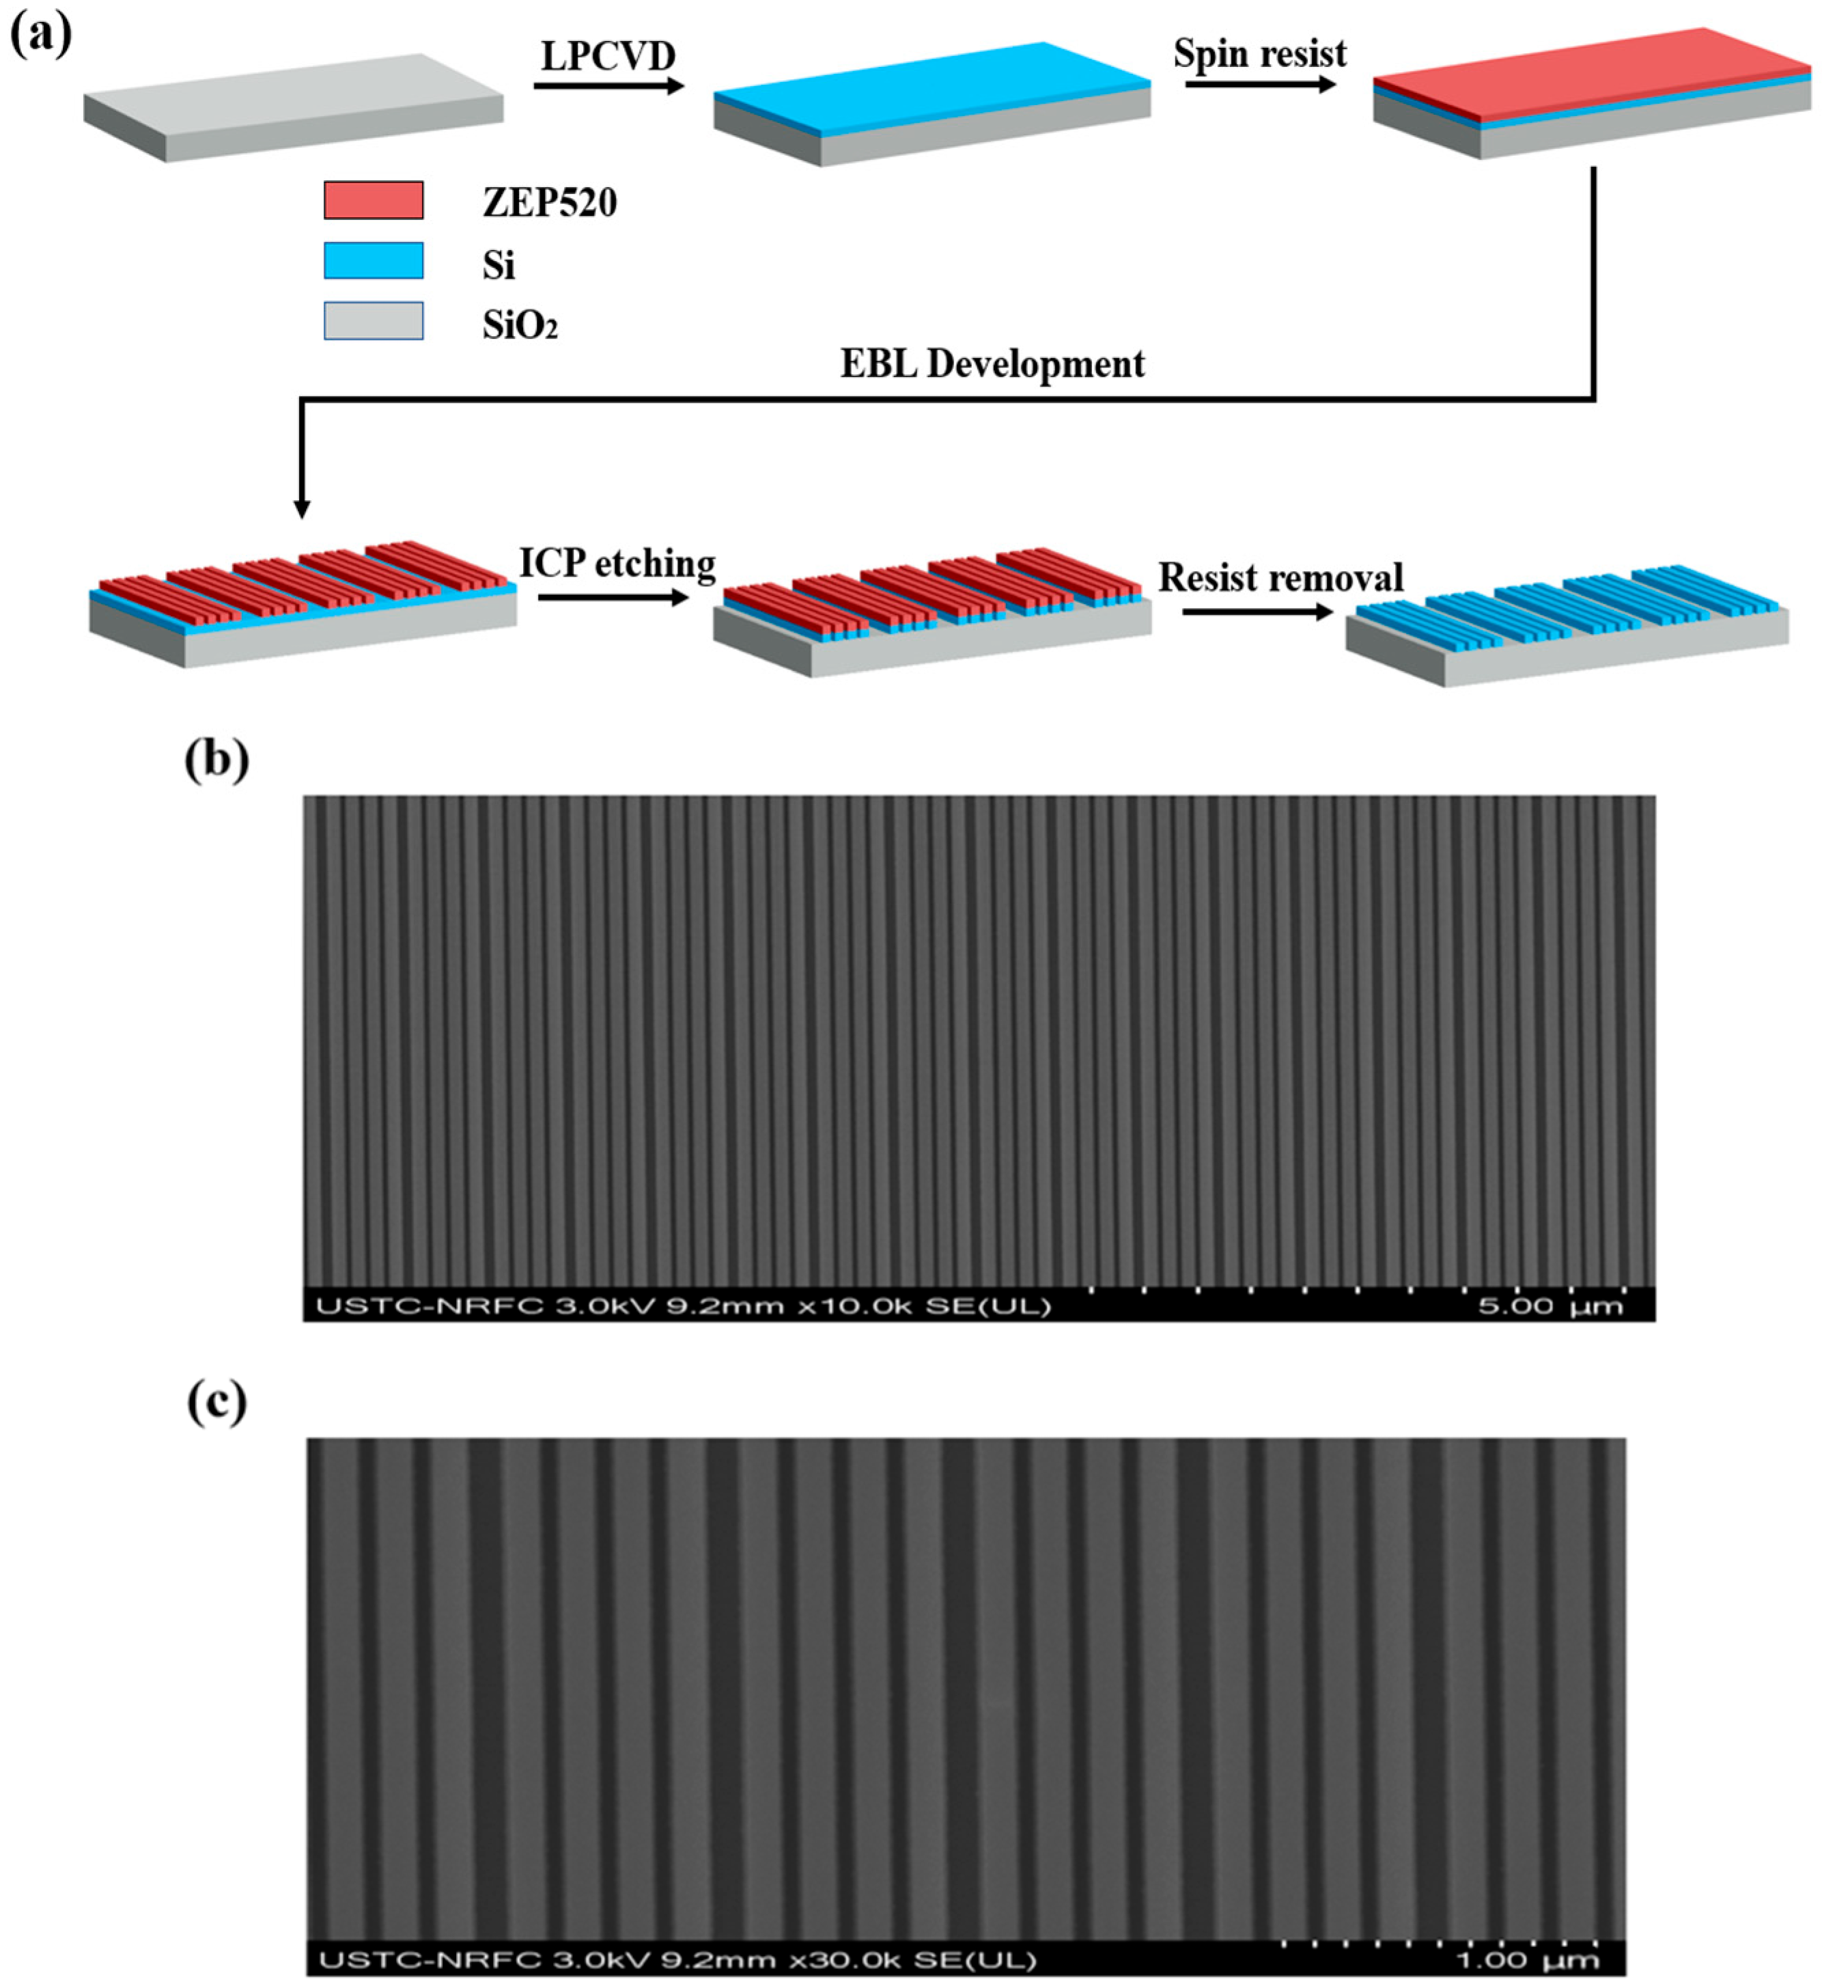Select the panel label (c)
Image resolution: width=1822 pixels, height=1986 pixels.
point(216,1403)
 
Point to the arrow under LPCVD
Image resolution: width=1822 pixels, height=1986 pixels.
point(608,87)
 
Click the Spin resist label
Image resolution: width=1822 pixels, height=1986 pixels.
point(1259,54)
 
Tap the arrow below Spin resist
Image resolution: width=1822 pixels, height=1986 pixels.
point(1259,85)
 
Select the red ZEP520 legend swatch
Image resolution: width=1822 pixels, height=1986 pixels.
point(374,200)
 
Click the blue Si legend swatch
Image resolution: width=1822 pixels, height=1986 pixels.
point(374,261)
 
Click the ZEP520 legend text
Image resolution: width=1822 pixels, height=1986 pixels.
point(549,203)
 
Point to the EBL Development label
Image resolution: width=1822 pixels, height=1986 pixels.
point(992,365)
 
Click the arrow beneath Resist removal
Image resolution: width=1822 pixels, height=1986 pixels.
point(1257,612)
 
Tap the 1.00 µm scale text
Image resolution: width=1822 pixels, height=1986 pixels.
point(1526,1959)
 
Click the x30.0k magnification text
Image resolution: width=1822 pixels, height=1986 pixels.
point(846,1959)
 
